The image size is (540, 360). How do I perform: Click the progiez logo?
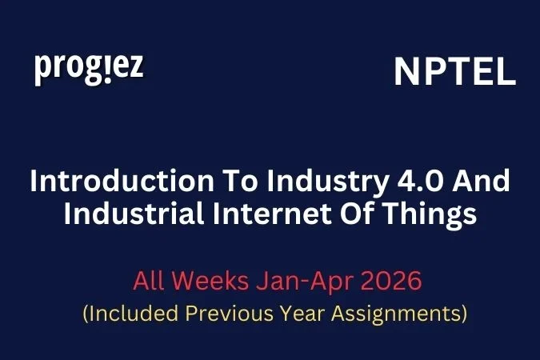click(89, 68)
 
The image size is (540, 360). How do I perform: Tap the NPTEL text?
click(454, 73)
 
